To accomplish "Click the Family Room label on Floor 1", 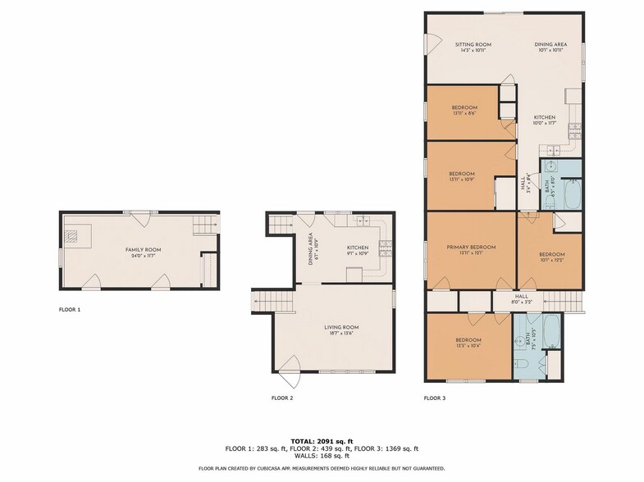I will click(x=143, y=248).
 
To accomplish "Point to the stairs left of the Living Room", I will click(x=262, y=302).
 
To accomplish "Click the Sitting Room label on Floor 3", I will click(x=473, y=44).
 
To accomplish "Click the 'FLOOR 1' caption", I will click(x=70, y=310).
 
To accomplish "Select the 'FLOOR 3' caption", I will click(x=435, y=398).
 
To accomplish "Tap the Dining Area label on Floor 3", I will click(x=550, y=44).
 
